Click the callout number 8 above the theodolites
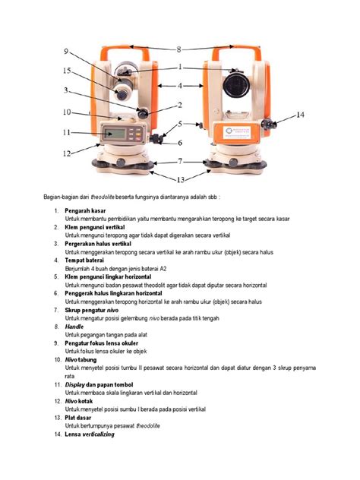pos(179,49)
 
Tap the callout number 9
pos(67,52)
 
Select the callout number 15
pos(67,71)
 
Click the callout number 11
pos(67,133)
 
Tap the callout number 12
pos(67,153)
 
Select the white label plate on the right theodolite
pos(237,131)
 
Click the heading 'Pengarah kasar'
pos(86,210)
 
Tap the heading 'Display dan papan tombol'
pos(102,385)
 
